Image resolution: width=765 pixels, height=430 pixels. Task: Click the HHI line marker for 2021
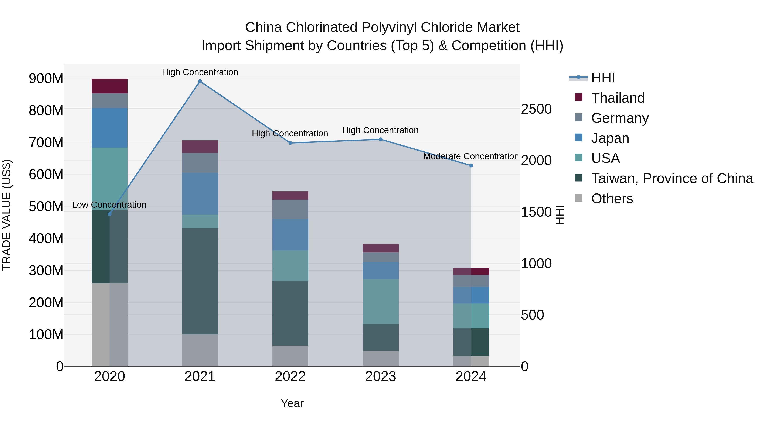(x=200, y=81)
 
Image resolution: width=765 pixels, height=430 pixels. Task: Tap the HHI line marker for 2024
(x=471, y=166)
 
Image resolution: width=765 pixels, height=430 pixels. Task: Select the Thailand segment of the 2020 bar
(x=110, y=86)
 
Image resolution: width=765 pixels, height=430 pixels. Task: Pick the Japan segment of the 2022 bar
(x=290, y=234)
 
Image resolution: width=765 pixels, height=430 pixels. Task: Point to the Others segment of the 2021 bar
(x=200, y=350)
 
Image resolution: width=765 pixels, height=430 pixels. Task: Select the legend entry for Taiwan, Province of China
(x=672, y=178)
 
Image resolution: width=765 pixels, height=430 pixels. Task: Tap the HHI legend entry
(x=603, y=78)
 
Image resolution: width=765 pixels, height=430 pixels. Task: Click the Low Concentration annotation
(x=109, y=205)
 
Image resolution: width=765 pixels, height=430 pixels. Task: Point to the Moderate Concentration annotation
(x=471, y=156)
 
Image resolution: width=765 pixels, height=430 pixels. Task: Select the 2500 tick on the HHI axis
(x=536, y=109)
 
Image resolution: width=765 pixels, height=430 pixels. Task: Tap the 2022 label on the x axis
(x=290, y=376)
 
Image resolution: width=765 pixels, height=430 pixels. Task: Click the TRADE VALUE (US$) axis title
(x=7, y=215)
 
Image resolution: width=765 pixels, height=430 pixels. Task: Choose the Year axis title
(x=292, y=403)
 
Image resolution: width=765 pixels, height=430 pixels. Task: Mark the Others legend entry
(x=612, y=199)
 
